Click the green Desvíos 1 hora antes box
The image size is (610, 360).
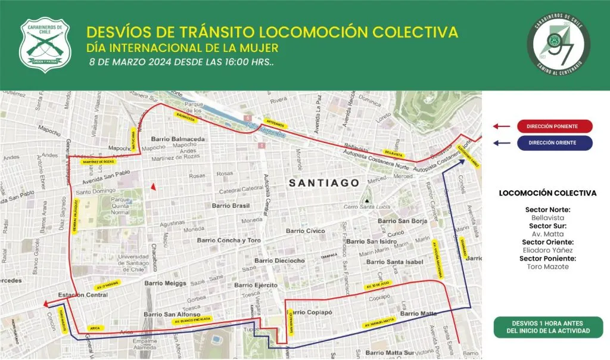coord(548,327)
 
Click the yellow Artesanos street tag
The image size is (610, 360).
coord(275,125)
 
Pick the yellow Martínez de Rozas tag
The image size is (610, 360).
coord(99,162)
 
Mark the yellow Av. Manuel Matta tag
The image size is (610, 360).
coord(379,322)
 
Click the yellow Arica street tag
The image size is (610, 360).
coord(95,328)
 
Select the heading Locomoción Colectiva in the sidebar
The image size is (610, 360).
coord(547,193)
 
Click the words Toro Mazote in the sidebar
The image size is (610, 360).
coord(547,266)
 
